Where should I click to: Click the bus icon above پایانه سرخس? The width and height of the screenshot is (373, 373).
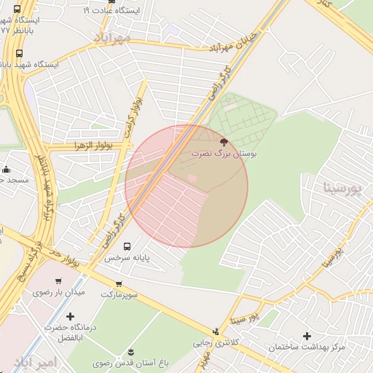point(127,246)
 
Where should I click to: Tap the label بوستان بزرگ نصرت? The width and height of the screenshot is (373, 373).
point(224,154)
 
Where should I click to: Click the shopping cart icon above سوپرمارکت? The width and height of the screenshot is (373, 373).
point(118,283)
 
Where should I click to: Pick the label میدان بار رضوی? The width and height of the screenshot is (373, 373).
point(58,292)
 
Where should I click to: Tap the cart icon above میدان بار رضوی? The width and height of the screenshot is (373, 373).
point(58,280)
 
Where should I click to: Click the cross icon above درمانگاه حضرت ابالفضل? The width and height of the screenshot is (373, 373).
point(70,316)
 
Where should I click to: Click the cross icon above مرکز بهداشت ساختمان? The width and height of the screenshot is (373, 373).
point(307,336)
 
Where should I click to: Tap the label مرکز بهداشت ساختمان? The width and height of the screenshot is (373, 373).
point(306,348)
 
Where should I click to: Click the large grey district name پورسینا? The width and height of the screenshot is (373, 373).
point(342,189)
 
